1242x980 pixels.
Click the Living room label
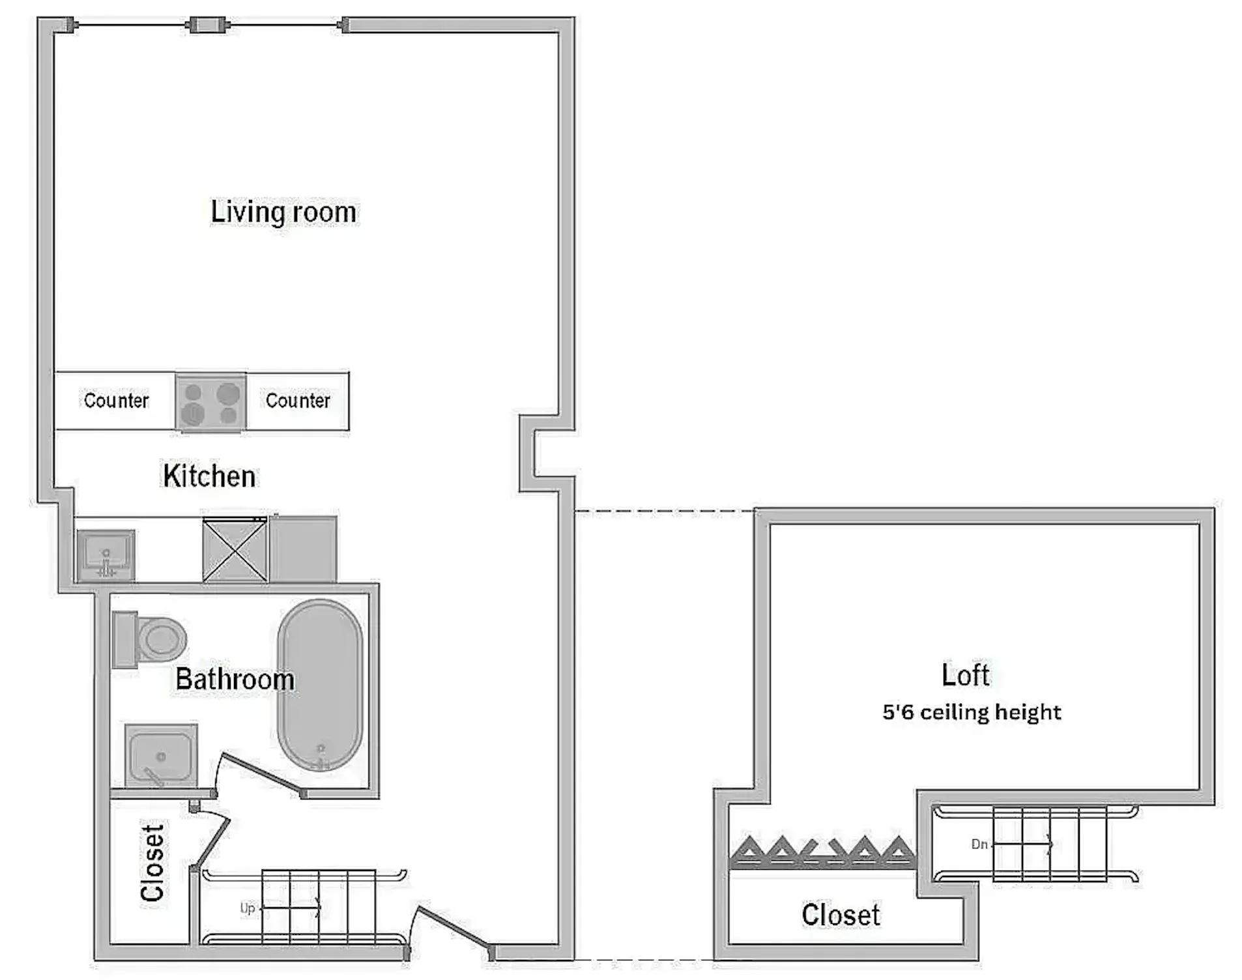click(283, 212)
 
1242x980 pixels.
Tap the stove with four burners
click(210, 402)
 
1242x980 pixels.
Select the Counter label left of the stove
click(116, 400)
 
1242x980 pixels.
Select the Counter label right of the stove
click(298, 400)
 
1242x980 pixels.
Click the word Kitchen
click(209, 476)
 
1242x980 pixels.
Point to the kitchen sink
click(106, 555)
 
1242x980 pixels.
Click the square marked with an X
click(235, 550)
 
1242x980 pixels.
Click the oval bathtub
click(320, 684)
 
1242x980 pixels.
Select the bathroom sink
click(161, 755)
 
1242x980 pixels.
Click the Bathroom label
click(235, 680)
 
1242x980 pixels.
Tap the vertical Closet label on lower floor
click(152, 863)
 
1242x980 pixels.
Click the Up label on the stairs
click(248, 908)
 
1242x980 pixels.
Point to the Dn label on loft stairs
click(979, 844)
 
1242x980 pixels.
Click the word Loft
click(965, 675)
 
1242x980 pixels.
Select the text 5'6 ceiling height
click(972, 712)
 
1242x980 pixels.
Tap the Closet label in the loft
click(841, 915)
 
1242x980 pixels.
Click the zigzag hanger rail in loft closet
click(822, 852)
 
